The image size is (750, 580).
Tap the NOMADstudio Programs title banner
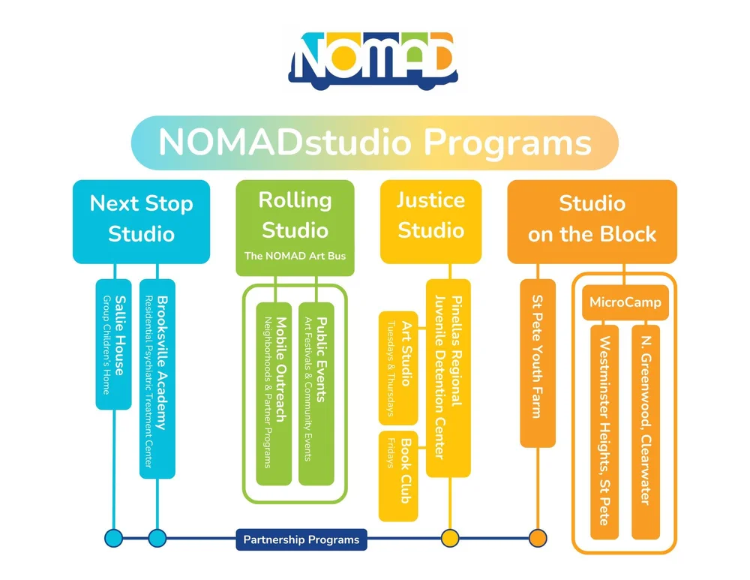pos(374,143)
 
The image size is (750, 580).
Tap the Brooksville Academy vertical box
pos(157,379)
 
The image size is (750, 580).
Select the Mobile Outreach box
pos(274,394)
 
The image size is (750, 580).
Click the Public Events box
pos(316,394)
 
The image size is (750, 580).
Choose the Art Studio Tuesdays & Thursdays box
pos(398,368)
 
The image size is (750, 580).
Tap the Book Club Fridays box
pos(398,476)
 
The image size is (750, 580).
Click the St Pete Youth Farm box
pos(538,363)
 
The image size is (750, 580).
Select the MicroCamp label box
pos(625,303)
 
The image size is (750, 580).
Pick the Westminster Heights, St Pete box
pos(604,431)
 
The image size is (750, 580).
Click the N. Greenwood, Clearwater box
pos(646,431)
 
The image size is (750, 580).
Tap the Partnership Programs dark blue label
pos(301,539)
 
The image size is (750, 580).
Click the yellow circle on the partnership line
pos(449,538)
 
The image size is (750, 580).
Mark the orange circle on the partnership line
pos(538,538)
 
